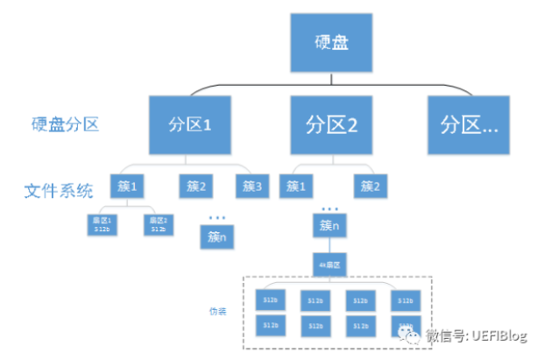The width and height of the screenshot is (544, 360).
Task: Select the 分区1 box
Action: pyautogui.click(x=191, y=124)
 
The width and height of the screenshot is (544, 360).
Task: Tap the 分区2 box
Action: pyautogui.click(x=331, y=124)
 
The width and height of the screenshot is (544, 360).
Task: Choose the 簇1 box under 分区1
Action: pyautogui.click(x=126, y=186)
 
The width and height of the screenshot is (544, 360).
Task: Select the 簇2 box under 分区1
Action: pyautogui.click(x=196, y=186)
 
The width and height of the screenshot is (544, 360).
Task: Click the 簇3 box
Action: pyautogui.click(x=252, y=186)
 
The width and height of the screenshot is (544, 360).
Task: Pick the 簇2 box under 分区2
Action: pyautogui.click(x=371, y=186)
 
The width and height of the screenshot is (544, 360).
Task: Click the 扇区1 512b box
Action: pyautogui.click(x=102, y=225)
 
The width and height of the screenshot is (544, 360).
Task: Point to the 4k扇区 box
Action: pyautogui.click(x=331, y=263)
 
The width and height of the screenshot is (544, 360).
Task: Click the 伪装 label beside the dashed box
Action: pyautogui.click(x=217, y=311)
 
